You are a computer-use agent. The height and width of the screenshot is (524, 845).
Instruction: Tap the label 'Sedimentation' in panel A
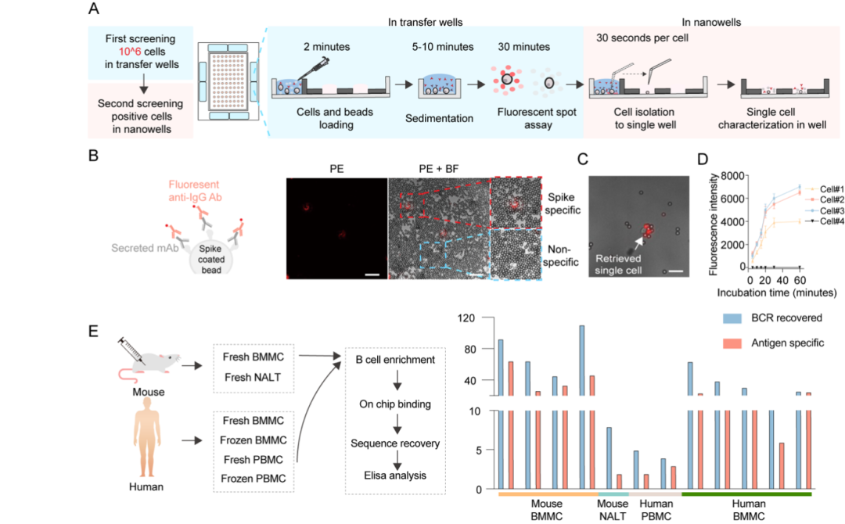click(439, 118)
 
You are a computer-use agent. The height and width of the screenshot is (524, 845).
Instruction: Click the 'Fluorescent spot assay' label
click(537, 118)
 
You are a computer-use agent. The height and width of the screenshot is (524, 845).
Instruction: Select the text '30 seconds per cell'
click(642, 38)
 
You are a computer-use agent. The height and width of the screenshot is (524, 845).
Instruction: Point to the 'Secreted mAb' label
click(145, 248)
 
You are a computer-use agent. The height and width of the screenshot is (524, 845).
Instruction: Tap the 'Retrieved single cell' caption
click(618, 264)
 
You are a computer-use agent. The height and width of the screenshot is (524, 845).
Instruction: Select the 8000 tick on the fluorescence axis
click(732, 175)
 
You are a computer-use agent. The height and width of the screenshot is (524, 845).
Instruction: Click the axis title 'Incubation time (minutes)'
click(777, 293)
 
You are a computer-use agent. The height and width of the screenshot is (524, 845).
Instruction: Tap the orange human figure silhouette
click(146, 437)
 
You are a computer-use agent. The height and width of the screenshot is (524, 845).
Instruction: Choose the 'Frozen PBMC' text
click(253, 479)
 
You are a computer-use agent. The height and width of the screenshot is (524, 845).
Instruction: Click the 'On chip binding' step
click(395, 404)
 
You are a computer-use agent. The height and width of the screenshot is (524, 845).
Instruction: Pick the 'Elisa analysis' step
click(395, 476)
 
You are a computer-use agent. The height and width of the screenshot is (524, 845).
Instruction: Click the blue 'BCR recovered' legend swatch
click(732, 318)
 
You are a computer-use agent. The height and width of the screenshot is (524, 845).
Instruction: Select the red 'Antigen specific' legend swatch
click(732, 343)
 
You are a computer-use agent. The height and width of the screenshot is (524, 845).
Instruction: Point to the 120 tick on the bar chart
click(466, 318)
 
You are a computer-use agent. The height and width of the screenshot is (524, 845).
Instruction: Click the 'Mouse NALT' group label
click(613, 510)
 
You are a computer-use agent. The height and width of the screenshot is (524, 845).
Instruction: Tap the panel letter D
click(702, 160)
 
